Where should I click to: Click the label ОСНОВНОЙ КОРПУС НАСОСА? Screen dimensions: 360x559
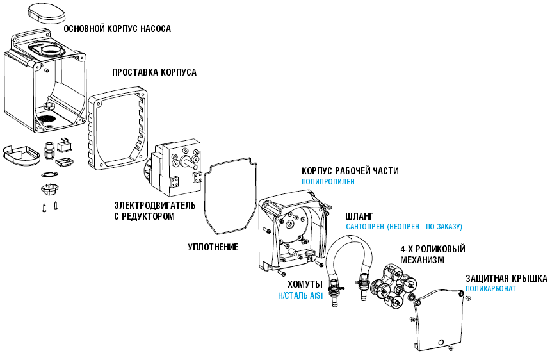coord(117,29)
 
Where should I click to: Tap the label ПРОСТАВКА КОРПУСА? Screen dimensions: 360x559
coord(154,72)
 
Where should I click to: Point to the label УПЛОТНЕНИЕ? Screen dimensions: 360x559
coord(213,247)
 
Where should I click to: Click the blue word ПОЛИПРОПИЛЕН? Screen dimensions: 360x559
coord(328,182)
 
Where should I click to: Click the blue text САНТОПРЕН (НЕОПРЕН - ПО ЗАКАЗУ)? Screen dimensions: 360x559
coord(403,227)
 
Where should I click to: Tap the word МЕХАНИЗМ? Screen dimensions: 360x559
coord(423,261)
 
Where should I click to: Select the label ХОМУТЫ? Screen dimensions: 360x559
coord(304,284)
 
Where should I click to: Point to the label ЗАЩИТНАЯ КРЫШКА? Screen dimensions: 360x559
coord(506,279)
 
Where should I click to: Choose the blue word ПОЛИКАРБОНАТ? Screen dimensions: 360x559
coord(490,289)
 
